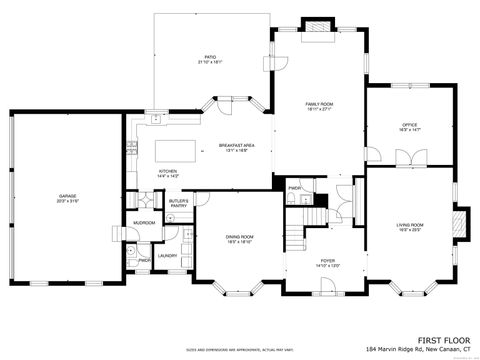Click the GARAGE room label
pos(67,197)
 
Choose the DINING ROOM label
pos(239,238)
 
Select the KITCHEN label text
pos(168,173)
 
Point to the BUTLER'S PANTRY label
pos(179,203)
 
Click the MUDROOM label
pos(144,223)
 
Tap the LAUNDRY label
pos(167,256)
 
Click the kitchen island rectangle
pos(176,151)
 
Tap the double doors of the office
pos(405,159)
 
